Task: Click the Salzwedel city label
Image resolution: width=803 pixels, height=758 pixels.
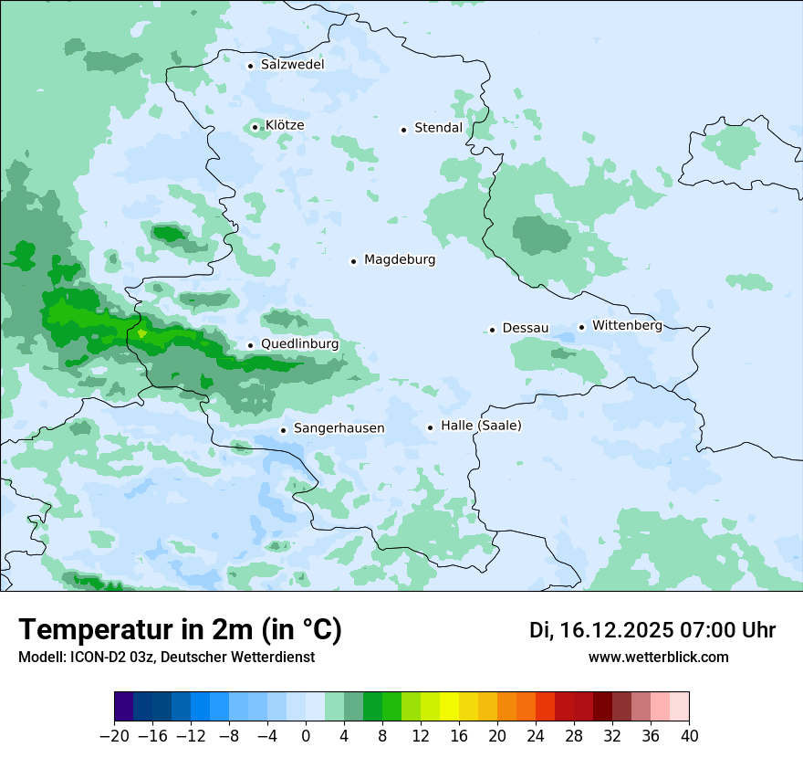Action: [x=292, y=65]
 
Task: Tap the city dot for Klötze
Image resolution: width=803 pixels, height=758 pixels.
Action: [x=255, y=127]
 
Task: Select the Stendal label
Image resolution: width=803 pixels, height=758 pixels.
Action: [x=438, y=128]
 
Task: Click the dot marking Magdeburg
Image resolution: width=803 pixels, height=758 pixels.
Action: [x=353, y=261]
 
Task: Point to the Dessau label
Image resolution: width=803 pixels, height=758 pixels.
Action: [x=525, y=328]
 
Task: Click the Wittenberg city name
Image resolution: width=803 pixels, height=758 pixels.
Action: [x=627, y=325]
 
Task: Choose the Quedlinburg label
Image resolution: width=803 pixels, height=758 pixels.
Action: [x=299, y=344]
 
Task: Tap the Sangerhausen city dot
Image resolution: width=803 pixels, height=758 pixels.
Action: [x=283, y=430]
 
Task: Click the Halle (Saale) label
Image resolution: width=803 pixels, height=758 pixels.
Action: [x=481, y=426]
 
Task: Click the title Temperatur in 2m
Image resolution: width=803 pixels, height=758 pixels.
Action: [x=180, y=630]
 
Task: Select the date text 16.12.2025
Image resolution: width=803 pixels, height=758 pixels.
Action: [x=614, y=630]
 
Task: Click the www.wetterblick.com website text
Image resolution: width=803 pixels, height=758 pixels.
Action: [x=658, y=657]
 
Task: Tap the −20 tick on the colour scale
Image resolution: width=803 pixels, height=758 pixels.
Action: [x=114, y=736]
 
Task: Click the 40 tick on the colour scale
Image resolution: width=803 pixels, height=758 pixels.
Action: [x=689, y=736]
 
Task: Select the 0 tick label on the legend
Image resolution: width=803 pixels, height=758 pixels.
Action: [x=306, y=736]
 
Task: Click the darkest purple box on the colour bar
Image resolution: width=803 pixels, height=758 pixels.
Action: [x=124, y=707]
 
